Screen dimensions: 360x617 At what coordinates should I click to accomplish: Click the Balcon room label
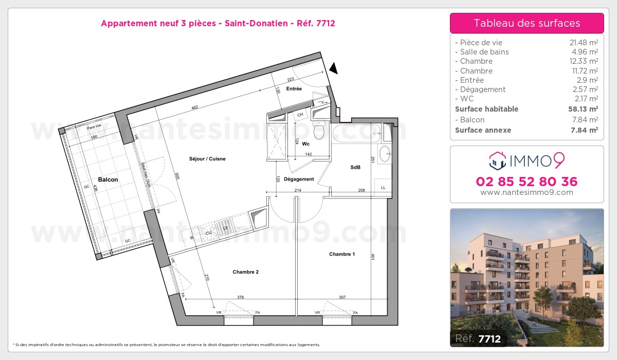pyautogui.click(x=108, y=179)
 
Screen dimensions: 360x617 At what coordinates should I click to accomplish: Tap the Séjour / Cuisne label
pyautogui.click(x=207, y=159)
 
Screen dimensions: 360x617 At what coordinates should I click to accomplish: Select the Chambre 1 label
pyautogui.click(x=342, y=254)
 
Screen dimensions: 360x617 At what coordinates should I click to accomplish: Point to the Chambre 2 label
pyautogui.click(x=245, y=272)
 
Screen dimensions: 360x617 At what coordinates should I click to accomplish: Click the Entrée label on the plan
pyautogui.click(x=294, y=89)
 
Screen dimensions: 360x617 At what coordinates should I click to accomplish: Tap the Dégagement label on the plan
pyautogui.click(x=299, y=179)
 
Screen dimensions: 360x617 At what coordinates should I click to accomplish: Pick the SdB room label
pyautogui.click(x=355, y=167)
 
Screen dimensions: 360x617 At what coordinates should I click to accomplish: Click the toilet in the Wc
pyautogui.click(x=319, y=131)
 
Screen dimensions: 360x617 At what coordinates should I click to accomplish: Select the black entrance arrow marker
pyautogui.click(x=334, y=68)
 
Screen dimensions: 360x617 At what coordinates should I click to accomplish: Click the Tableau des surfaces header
pyautogui.click(x=527, y=23)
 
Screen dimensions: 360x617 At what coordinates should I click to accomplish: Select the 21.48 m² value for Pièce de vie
pyautogui.click(x=586, y=43)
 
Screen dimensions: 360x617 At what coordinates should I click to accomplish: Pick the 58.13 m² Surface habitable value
pyautogui.click(x=585, y=109)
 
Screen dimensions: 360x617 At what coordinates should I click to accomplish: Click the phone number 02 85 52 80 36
pyautogui.click(x=527, y=182)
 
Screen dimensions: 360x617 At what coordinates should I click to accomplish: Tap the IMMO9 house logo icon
pyautogui.click(x=498, y=160)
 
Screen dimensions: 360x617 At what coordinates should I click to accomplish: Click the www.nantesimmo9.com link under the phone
pyautogui.click(x=527, y=192)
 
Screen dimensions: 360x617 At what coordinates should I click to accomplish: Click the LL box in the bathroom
pyautogui.click(x=383, y=188)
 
